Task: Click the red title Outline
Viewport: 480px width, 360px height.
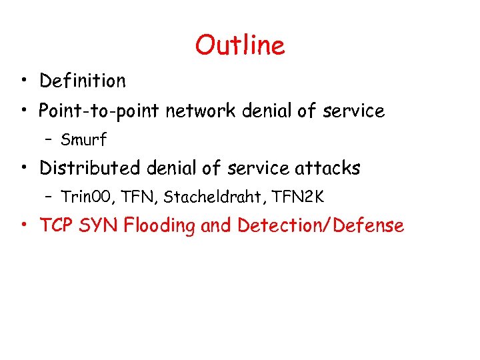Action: point(240,45)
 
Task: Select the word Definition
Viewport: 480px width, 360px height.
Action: point(82,81)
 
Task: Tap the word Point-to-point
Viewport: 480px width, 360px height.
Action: point(100,111)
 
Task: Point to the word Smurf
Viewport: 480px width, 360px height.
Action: point(83,140)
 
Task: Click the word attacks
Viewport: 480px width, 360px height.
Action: point(328,168)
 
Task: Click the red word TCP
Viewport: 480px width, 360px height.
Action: point(57,226)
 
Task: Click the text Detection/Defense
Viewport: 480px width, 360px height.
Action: point(321,226)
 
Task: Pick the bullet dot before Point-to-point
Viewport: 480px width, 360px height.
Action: point(24,111)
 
